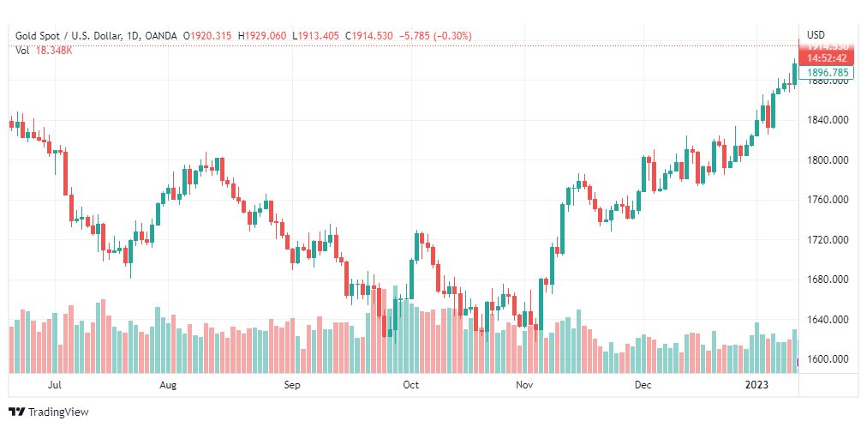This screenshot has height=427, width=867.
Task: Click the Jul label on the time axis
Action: coord(56,386)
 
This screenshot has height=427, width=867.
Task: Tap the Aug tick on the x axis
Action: coord(168,386)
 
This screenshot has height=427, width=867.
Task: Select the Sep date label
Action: coord(292,386)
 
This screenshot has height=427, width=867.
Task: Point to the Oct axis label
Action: coord(410,386)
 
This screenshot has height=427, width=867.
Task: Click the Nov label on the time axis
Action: coord(525,386)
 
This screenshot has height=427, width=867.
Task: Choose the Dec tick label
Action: coord(643,386)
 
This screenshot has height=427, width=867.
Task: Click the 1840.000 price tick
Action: coord(828,119)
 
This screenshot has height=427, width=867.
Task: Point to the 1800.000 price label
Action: coord(828,159)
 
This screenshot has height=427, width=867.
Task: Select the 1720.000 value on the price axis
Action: coord(828,239)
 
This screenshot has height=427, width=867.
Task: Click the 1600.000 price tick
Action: coord(828,359)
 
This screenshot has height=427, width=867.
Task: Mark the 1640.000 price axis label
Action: coord(828,320)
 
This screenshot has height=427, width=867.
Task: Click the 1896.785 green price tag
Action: coord(828,73)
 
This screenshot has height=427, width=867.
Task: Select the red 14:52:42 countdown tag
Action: coord(828,58)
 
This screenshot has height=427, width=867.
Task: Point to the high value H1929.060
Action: coord(263,36)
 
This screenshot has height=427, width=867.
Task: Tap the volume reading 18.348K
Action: coord(54,51)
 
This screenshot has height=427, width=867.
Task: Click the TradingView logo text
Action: coord(58,412)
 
